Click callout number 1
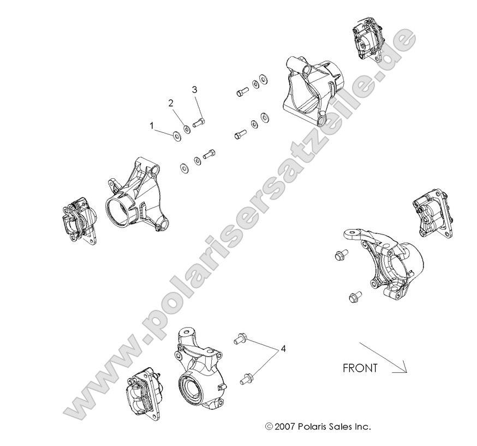(152, 126)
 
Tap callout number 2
(171, 103)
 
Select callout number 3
(194, 90)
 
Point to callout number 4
(283, 349)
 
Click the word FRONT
(360, 368)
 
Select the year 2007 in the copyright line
(284, 426)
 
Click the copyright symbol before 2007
(269, 426)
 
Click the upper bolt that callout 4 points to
(241, 338)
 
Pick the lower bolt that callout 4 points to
(247, 379)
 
